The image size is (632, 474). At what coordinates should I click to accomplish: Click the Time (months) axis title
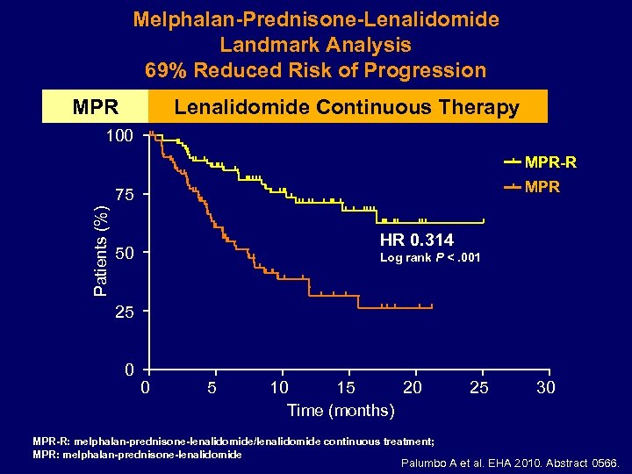341,410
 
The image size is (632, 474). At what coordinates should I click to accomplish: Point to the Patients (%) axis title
102,251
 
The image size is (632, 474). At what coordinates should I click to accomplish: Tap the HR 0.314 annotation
417,241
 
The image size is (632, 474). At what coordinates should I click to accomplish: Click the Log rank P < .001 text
431,258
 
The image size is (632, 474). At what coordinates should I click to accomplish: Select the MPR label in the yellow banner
96,108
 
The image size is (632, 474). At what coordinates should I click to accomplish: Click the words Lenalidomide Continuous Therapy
347,107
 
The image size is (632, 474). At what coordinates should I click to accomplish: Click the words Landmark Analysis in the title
315,45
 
